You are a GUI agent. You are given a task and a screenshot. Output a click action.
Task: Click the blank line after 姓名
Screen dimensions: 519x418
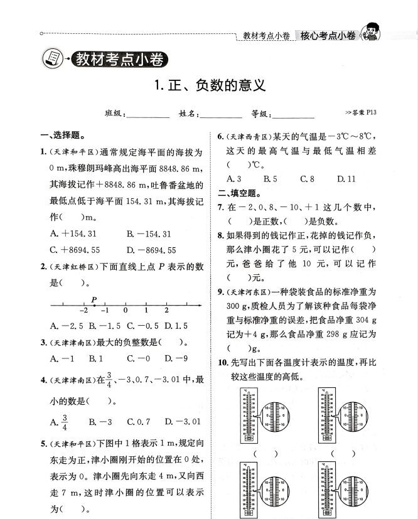click(221, 116)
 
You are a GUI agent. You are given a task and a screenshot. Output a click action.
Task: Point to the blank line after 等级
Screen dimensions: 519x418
click(292, 116)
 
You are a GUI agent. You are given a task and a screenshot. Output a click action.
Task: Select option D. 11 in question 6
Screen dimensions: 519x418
click(346, 179)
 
